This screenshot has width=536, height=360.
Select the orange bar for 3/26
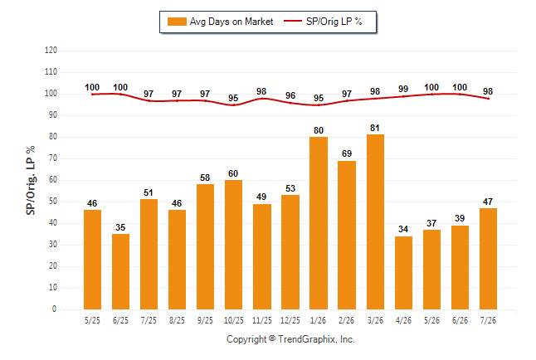tap(375, 221)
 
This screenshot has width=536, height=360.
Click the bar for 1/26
tap(319, 223)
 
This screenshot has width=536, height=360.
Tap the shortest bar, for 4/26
tap(403, 273)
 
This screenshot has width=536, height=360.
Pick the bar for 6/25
tap(120, 272)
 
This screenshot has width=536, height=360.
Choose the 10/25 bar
tap(233, 245)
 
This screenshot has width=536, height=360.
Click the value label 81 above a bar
tap(375, 128)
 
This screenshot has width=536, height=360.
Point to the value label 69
tap(347, 153)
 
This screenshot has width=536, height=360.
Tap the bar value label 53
tap(290, 188)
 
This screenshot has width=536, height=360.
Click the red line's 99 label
tap(403, 89)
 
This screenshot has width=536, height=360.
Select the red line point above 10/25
tap(233, 105)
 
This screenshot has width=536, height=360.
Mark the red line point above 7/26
tap(488, 99)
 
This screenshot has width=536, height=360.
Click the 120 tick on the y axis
tap(51, 51)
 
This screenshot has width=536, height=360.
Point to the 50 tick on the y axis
tap(52, 202)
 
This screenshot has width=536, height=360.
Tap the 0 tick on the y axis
tap(54, 309)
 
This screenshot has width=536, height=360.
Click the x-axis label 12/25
tap(290, 320)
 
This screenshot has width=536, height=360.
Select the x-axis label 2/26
tap(346, 320)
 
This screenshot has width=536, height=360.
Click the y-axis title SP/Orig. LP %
tap(31, 180)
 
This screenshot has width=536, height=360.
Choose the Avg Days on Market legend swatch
tap(177, 22)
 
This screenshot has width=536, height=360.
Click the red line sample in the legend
tap(293, 21)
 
